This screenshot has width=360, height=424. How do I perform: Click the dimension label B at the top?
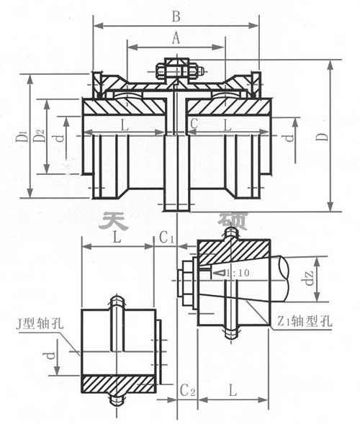(176, 14)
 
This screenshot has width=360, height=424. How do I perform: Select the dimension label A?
(175, 40)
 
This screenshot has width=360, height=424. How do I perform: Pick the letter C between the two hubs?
(194, 125)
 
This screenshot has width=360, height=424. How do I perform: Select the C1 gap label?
(167, 236)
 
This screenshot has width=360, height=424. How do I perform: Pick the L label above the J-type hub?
(117, 237)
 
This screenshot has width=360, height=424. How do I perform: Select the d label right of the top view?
(289, 135)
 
